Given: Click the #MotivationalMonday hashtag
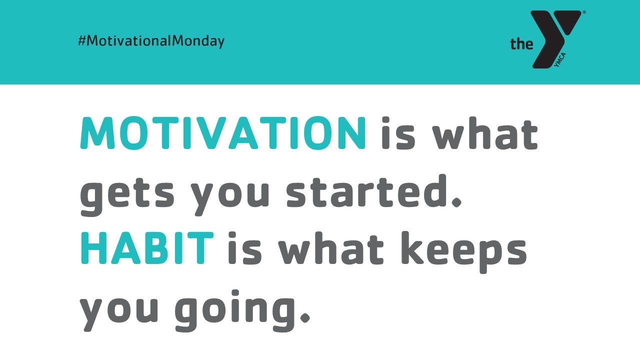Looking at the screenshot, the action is pos(151,41).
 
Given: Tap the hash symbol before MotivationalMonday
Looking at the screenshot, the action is pos(81,41).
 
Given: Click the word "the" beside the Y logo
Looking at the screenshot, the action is pos(521,44).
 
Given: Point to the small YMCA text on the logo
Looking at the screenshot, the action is pos(560,60).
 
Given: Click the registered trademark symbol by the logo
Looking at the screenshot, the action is pos(584,12).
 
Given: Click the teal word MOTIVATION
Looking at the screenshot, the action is pos(223,133).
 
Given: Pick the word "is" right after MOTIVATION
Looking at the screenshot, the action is pos(398,133).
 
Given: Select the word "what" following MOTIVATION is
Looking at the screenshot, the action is pos(485,133).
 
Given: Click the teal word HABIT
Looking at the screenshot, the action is pos(147,248).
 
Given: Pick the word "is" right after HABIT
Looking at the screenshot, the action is pos(244,248).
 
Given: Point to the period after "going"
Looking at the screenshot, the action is pos(305,317).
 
